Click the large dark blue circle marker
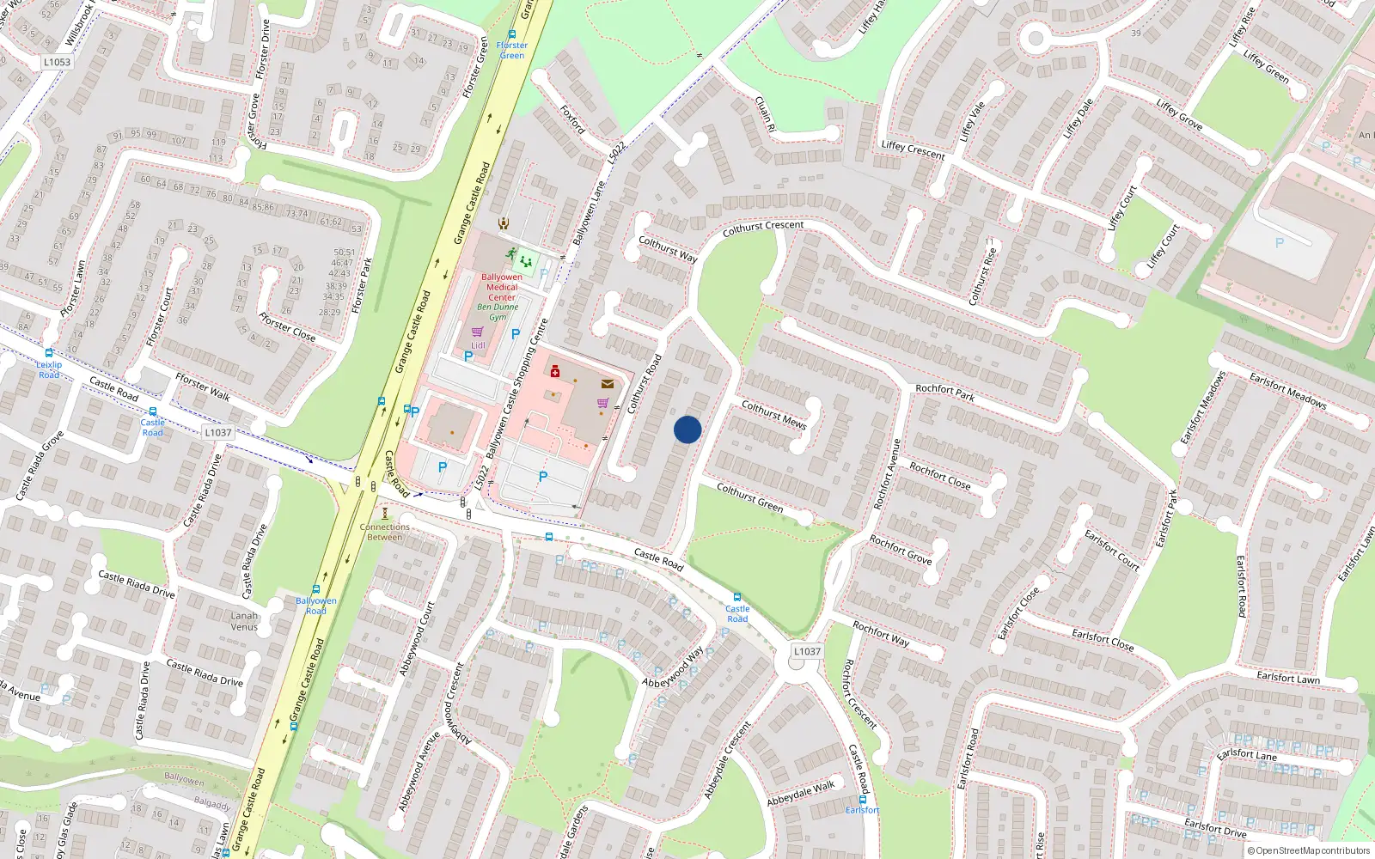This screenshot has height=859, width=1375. (687, 429)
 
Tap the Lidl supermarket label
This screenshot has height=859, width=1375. (478, 345)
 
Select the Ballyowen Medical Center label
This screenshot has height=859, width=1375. (502, 287)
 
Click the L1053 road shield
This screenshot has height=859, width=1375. (57, 62)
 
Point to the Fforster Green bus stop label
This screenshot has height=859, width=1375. (512, 50)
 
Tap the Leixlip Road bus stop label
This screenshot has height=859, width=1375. (49, 369)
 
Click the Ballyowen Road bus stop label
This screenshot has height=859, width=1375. (316, 606)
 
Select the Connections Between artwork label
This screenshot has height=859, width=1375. (385, 532)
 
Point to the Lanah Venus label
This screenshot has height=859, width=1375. (244, 621)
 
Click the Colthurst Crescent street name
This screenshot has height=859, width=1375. (763, 228)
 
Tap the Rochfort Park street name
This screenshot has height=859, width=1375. (944, 393)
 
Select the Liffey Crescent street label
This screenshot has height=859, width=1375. (913, 150)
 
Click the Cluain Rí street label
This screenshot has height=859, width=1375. (765, 113)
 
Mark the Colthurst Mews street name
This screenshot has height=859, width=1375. (773, 415)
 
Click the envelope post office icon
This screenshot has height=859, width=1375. (608, 384)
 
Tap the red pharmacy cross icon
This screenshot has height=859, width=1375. (555, 372)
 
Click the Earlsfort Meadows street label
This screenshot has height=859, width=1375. (1287, 391)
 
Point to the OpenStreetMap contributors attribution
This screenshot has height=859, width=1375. (1309, 850)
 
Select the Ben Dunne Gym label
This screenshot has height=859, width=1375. (498, 312)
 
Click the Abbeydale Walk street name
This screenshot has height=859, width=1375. (801, 792)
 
